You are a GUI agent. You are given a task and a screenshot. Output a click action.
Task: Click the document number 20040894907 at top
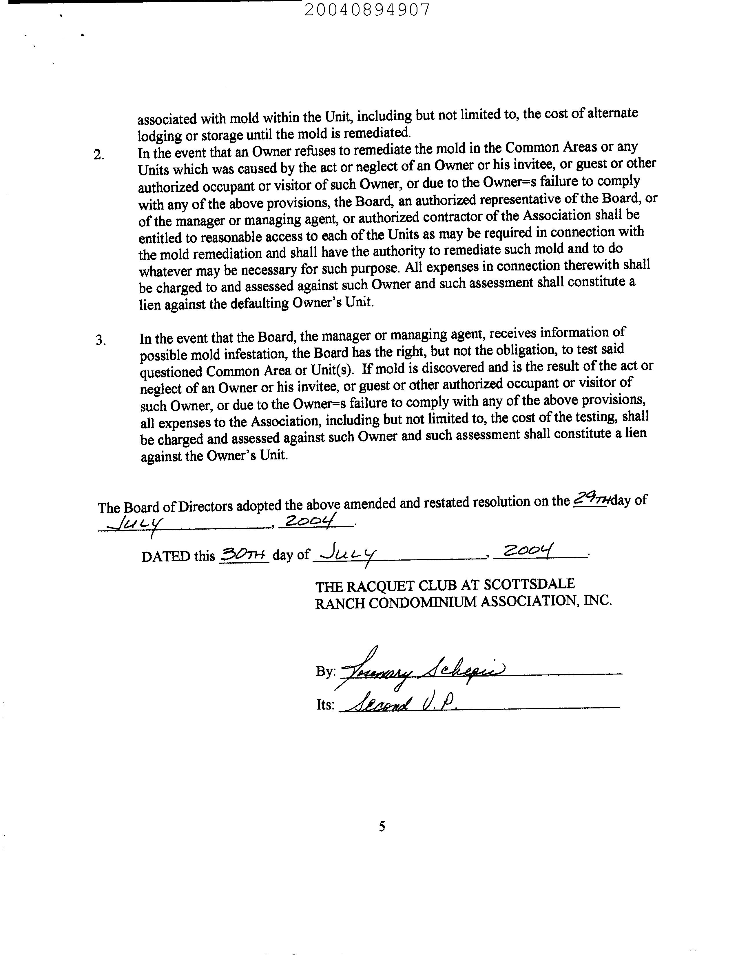pyautogui.click(x=367, y=10)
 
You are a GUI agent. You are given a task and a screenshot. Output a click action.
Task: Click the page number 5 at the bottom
pyautogui.click(x=382, y=827)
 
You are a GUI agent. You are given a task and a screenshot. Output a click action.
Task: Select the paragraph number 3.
pyautogui.click(x=101, y=340)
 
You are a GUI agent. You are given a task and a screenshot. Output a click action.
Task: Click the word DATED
pyautogui.click(x=165, y=557)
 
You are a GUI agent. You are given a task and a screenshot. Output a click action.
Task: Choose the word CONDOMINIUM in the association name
pyautogui.click(x=422, y=603)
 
